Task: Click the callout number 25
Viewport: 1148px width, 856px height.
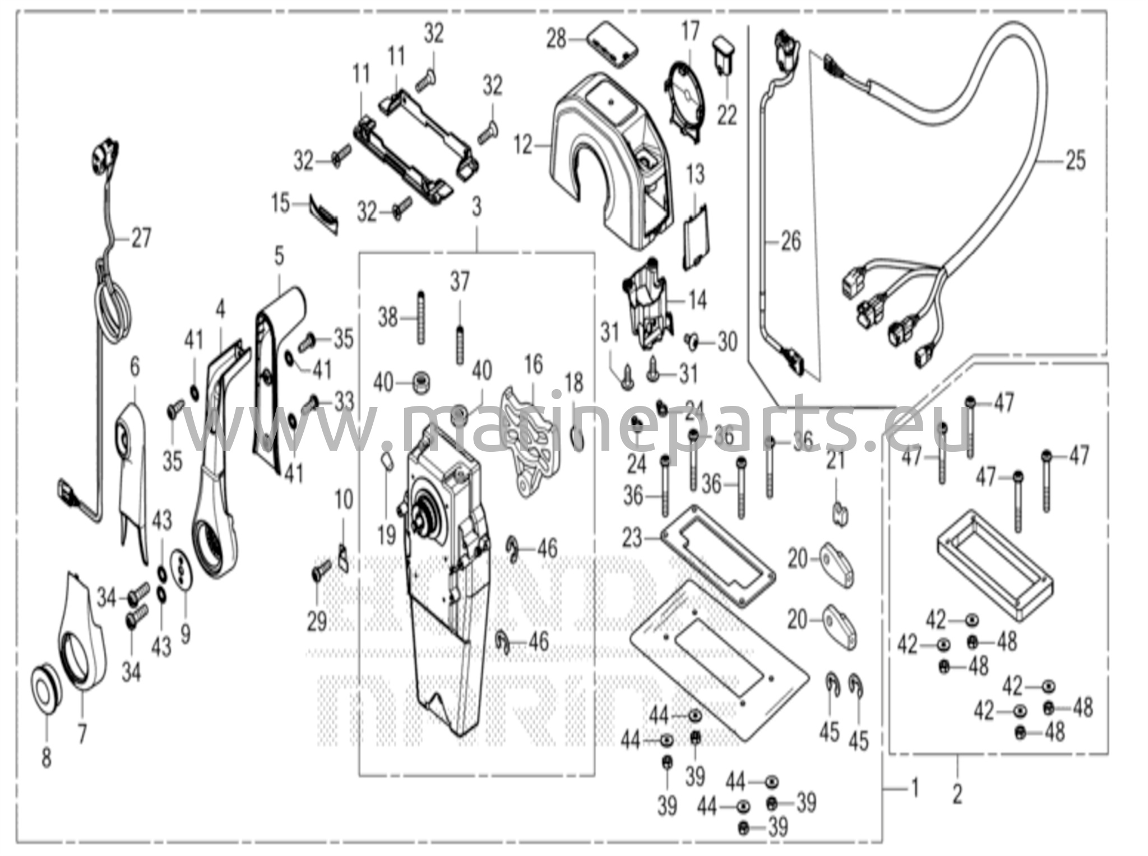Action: coord(1075,160)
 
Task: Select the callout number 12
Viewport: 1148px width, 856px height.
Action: coord(523,146)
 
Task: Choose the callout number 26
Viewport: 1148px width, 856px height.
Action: coord(790,242)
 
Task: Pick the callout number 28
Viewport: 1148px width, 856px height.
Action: coord(557,40)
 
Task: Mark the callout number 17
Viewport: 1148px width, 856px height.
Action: coord(690,31)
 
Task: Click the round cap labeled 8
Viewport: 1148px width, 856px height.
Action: coord(44,695)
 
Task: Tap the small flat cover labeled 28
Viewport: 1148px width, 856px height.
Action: coord(612,45)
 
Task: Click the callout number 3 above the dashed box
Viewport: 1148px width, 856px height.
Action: coord(476,207)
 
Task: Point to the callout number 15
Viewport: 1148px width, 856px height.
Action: coord(281,203)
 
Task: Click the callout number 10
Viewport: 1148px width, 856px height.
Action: coord(344,499)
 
